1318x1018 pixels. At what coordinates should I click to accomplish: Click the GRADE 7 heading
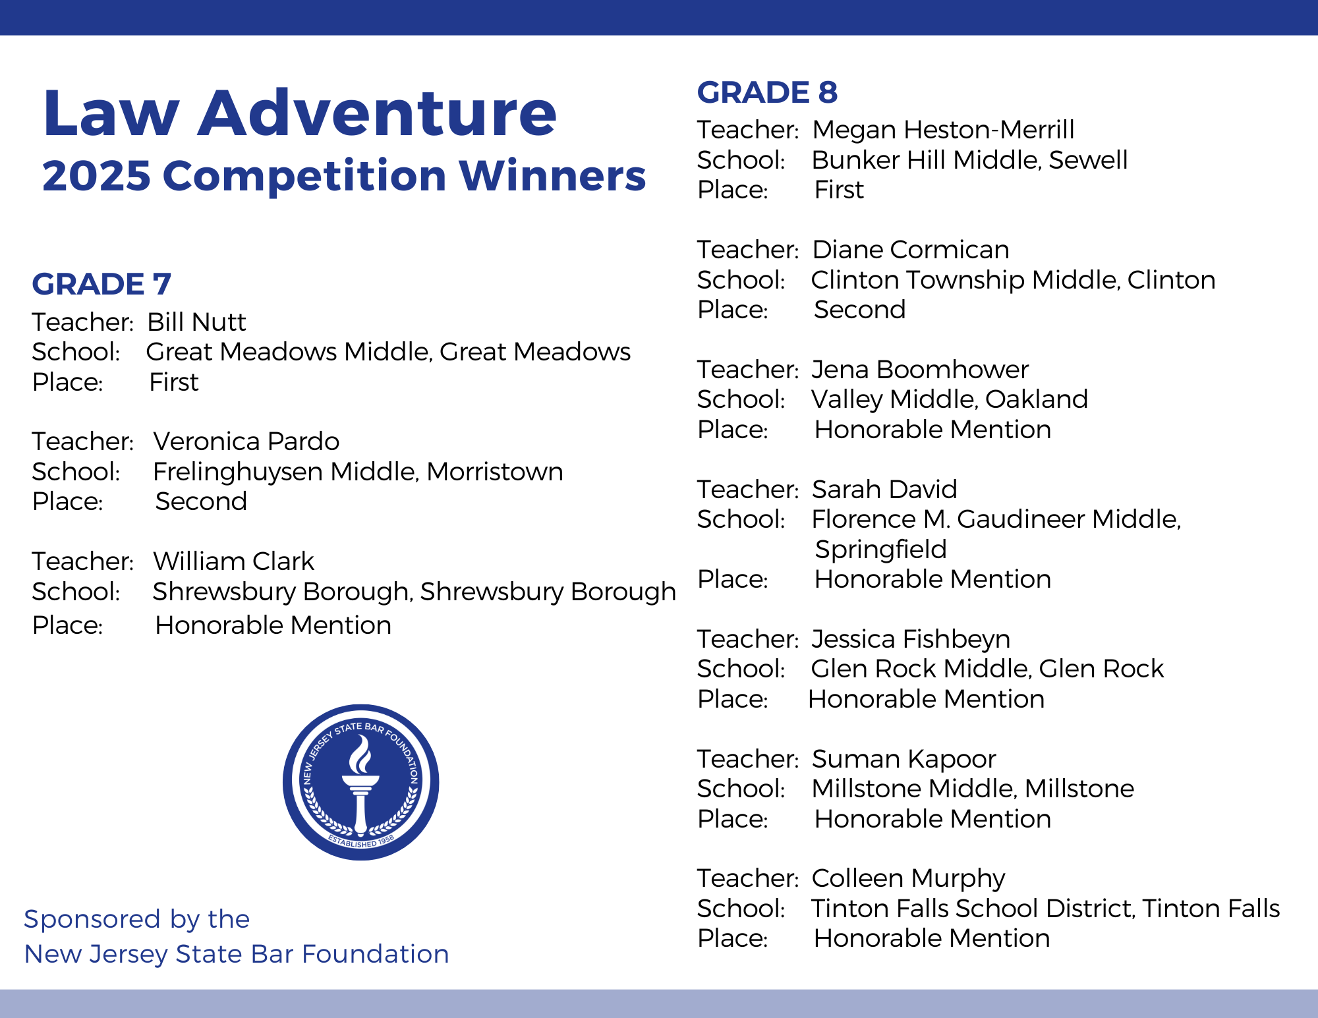pos(101,284)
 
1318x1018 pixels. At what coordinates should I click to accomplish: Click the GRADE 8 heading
pos(767,92)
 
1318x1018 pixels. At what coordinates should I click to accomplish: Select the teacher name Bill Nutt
pos(196,322)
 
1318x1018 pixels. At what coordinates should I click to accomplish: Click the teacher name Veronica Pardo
pos(246,441)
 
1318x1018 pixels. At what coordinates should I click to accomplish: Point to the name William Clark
pos(234,561)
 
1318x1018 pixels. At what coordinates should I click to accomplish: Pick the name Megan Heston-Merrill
pos(943,130)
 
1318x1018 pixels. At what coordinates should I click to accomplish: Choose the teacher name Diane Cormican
pos(911,250)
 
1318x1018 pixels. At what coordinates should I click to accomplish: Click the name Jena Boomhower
pos(920,370)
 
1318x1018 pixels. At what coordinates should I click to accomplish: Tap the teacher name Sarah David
pos(884,490)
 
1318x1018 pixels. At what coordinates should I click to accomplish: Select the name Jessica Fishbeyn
pos(911,640)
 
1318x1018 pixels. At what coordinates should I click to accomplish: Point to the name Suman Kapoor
pos(903,760)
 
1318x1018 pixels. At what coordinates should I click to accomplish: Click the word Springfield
pos(881,550)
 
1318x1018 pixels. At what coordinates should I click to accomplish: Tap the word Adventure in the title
pos(378,113)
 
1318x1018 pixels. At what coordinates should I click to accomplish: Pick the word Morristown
pos(495,472)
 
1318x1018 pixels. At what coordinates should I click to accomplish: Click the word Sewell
pos(1088,160)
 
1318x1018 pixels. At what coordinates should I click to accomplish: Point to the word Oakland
pos(1037,399)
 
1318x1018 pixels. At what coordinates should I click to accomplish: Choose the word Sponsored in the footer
pos(92,920)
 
